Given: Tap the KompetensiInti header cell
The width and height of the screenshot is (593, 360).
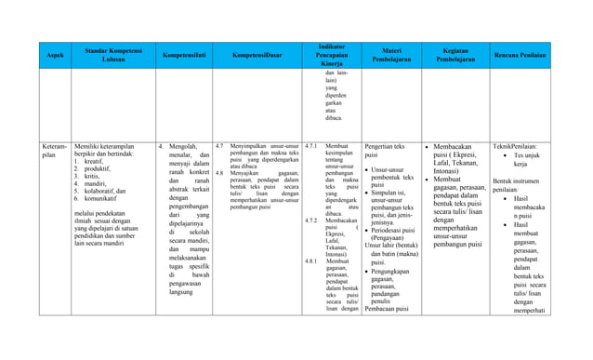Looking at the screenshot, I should [x=182, y=57].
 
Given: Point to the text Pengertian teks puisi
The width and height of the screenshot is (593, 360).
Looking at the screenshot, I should [x=385, y=152].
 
